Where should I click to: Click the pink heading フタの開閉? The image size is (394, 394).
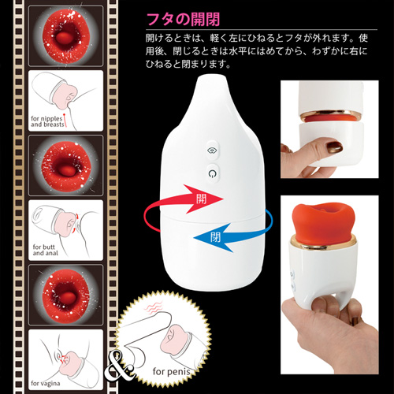coord(183,19)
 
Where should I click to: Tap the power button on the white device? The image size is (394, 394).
coord(212,173)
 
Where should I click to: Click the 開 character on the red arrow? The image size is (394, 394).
coord(202,199)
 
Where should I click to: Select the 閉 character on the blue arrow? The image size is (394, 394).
coord(215,237)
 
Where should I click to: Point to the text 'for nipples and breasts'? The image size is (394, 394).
coord(47,121)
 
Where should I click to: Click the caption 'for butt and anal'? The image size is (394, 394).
coord(45,250)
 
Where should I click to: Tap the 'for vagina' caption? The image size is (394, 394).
coord(46,383)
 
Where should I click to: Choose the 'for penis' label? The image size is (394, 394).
coord(172,371)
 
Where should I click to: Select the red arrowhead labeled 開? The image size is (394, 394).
coord(203,199)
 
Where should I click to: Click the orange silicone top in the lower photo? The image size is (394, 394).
coord(324,223)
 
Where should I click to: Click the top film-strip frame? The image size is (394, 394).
coord(65,36)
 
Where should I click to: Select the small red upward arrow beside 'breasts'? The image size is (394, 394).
coord(65,121)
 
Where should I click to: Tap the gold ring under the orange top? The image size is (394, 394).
coord(323,243)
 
